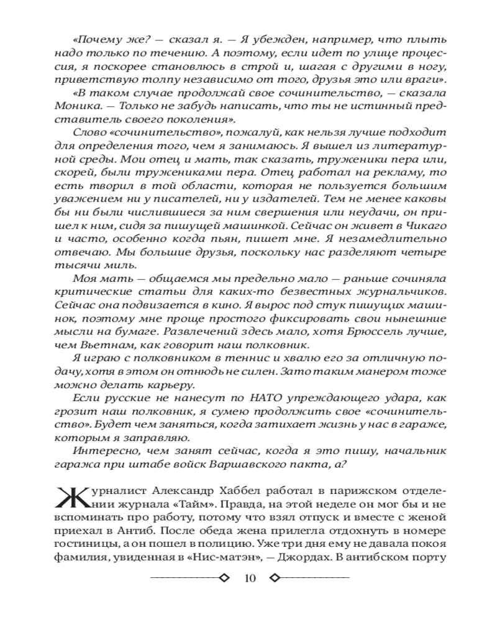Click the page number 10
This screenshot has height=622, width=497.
tap(250, 578)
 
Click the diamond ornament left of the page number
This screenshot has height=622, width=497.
tap(225, 578)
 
